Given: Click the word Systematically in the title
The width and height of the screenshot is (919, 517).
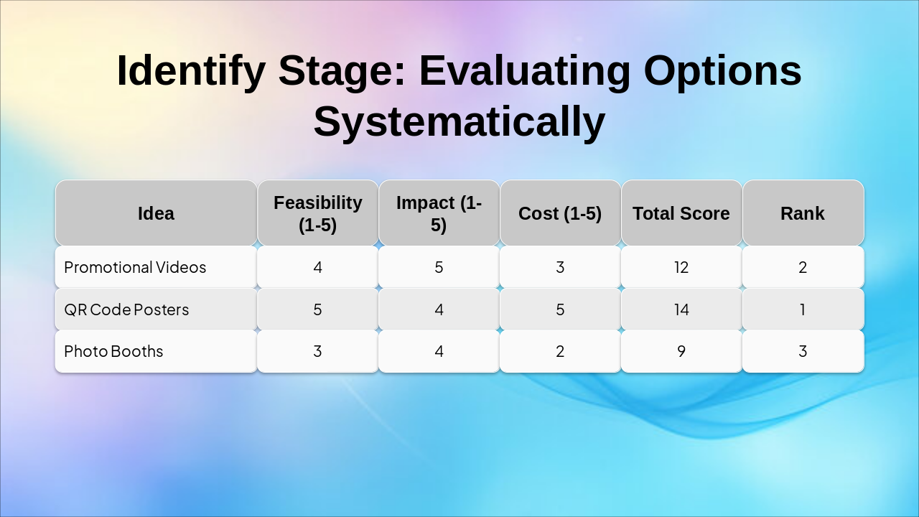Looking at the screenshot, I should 459,121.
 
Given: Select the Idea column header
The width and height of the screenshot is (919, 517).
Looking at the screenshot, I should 156,213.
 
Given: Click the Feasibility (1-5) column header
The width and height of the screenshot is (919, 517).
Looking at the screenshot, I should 317,213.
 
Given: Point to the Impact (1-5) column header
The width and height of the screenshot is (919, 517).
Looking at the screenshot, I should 439,213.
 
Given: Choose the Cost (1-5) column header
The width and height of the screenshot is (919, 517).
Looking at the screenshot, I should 560,213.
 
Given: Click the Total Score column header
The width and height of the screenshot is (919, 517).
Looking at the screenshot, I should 681,213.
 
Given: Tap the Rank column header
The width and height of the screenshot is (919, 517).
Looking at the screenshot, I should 802,213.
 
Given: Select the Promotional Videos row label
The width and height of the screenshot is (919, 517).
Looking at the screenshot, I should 135,267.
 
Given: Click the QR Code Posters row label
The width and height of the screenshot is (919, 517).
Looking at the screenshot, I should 126,309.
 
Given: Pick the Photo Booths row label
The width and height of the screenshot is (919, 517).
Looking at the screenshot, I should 113,351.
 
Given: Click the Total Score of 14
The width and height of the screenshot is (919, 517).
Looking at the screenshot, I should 681,309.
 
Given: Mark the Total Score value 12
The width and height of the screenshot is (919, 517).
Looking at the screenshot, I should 681,267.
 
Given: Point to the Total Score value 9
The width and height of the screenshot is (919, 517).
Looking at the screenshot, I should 681,351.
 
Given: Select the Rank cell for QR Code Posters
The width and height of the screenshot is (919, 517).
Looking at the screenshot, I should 802,309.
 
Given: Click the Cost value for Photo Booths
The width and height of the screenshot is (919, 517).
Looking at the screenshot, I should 560,351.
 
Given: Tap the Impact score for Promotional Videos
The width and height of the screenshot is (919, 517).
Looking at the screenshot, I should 439,267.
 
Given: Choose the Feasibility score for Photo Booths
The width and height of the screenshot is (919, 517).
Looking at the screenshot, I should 317,351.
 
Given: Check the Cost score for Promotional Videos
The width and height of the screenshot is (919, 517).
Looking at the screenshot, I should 560,267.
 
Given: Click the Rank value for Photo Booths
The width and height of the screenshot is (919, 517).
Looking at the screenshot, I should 802,351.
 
